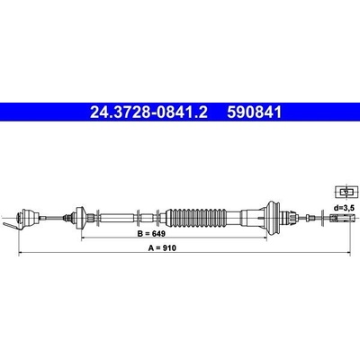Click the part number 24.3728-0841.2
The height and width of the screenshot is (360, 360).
tap(148, 112)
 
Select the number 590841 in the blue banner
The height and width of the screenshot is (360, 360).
tap(255, 112)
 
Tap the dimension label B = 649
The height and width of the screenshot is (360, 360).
tap(151, 233)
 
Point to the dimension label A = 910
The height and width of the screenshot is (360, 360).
tap(162, 247)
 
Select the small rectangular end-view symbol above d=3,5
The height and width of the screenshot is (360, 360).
tap(346, 192)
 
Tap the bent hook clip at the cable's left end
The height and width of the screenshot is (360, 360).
tap(13, 226)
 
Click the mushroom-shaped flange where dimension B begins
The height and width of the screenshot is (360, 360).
tap(80, 217)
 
